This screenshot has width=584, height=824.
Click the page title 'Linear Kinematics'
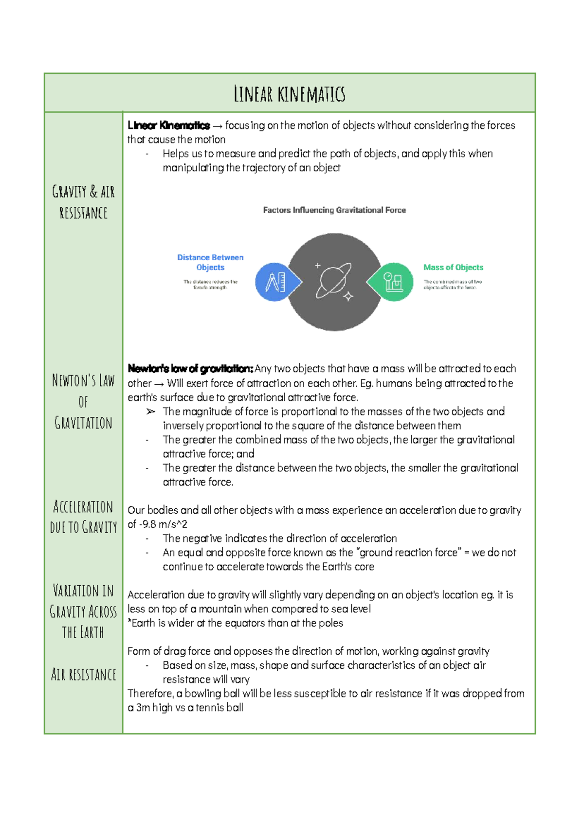(x=290, y=94)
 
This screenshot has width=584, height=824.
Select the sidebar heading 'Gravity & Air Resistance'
(x=83, y=202)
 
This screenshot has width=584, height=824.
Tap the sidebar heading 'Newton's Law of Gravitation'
(x=83, y=401)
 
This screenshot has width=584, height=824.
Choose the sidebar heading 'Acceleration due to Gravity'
(x=83, y=517)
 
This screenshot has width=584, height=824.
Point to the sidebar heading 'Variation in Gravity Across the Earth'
(x=83, y=611)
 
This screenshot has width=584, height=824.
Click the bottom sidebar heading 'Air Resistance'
(x=83, y=675)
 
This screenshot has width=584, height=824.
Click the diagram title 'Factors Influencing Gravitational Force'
(x=334, y=210)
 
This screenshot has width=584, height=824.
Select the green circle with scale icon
(x=393, y=282)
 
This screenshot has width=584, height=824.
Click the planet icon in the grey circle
(x=333, y=280)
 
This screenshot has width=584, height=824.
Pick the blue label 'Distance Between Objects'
(x=210, y=262)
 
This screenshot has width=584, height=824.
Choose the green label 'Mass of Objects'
(x=453, y=267)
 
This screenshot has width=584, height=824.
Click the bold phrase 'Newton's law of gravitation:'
(x=190, y=369)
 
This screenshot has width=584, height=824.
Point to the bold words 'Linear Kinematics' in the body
(x=168, y=125)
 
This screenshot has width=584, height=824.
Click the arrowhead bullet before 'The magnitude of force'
(x=150, y=412)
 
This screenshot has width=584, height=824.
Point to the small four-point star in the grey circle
(x=348, y=296)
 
